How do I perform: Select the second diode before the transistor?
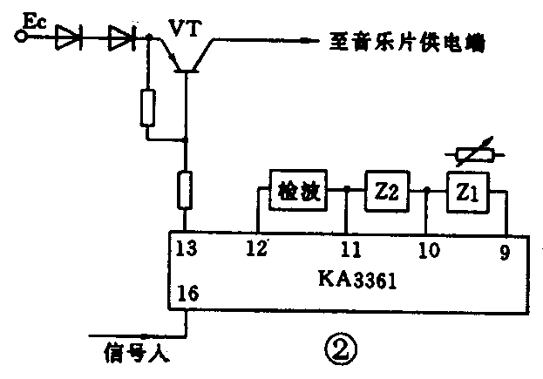[121, 37]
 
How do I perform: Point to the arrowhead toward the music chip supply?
[306, 38]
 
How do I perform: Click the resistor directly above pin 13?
[185, 190]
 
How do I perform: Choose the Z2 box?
[385, 190]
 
